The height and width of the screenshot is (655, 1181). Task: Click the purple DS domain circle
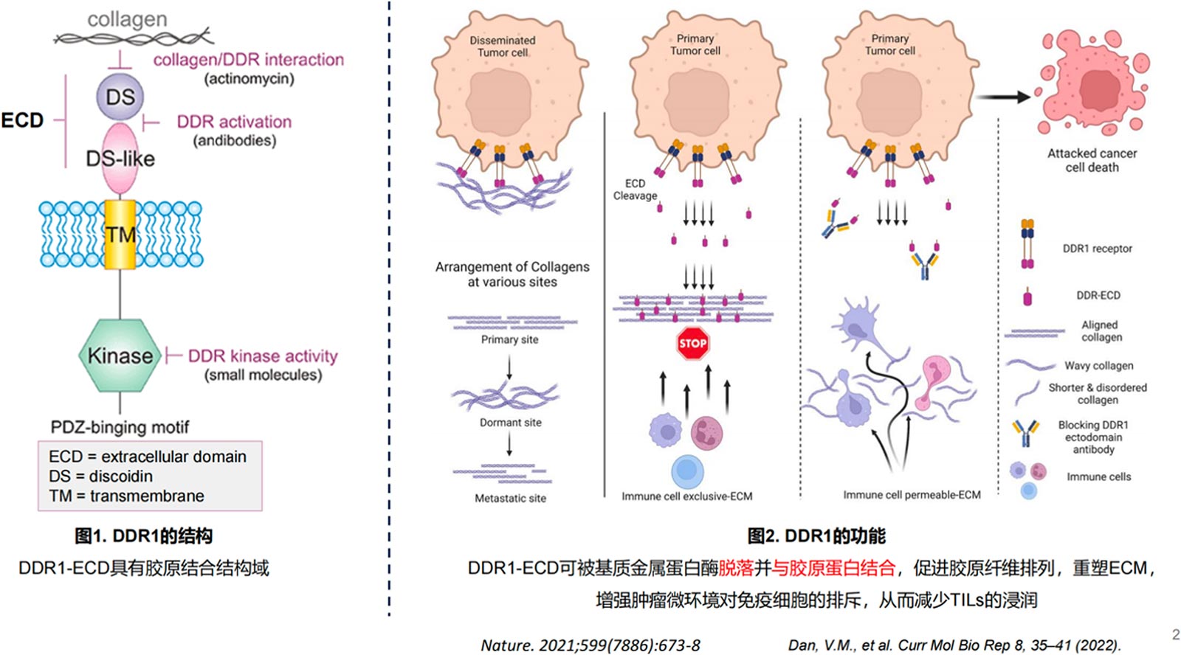(120, 97)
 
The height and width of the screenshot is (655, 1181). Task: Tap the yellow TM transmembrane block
(120, 235)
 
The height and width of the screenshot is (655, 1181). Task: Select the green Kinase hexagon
(120, 356)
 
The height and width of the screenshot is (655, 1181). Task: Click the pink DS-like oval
(120, 159)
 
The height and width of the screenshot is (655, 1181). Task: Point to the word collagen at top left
(127, 19)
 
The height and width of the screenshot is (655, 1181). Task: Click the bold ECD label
(22, 120)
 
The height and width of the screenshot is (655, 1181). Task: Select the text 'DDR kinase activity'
(262, 356)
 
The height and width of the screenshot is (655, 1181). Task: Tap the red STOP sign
(692, 343)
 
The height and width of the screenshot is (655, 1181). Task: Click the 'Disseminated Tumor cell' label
(503, 46)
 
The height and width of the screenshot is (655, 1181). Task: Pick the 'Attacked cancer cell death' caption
(1092, 160)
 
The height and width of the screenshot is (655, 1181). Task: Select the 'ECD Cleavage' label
(635, 190)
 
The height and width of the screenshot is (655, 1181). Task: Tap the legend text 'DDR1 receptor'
(1097, 249)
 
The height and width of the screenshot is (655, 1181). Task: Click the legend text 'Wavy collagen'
(1098, 366)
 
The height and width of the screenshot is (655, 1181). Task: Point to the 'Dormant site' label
(510, 423)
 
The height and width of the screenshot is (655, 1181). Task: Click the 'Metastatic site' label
(510, 498)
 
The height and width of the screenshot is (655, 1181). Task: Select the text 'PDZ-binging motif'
(120, 427)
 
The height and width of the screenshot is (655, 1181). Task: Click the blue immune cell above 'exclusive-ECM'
(687, 471)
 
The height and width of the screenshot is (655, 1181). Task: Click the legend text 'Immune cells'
(1098, 476)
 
